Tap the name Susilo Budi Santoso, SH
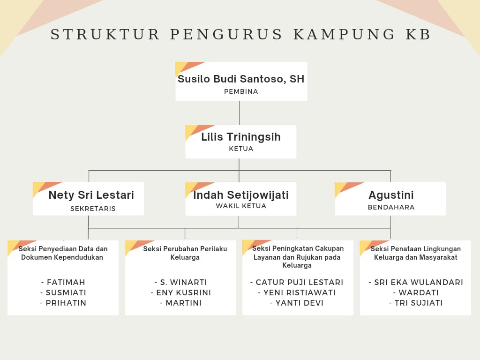(x=241, y=79)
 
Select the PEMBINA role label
(x=241, y=91)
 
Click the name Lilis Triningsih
(x=241, y=137)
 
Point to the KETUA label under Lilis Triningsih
(x=241, y=149)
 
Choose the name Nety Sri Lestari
(x=91, y=195)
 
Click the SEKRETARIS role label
(x=93, y=209)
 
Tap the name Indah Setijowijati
(x=241, y=195)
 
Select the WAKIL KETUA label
(x=241, y=206)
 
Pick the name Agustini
(x=391, y=195)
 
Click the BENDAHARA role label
(x=391, y=207)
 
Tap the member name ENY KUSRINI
(x=180, y=292)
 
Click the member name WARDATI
(x=416, y=292)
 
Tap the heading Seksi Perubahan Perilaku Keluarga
(x=185, y=253)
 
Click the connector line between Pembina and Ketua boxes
(x=240, y=113)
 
